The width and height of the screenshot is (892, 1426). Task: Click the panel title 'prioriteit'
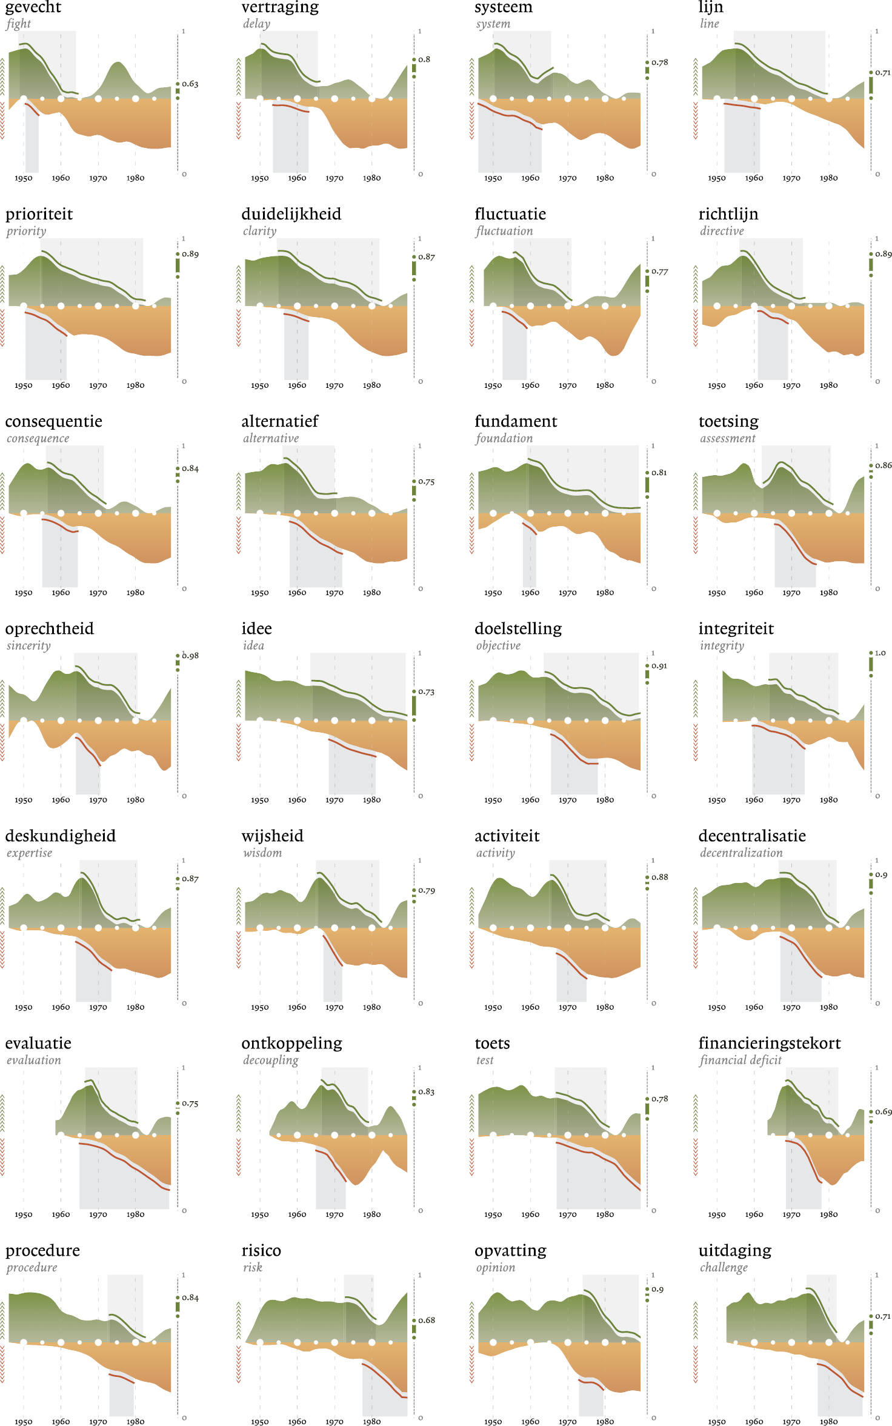(39, 215)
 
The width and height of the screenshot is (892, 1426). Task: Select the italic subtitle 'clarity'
(259, 231)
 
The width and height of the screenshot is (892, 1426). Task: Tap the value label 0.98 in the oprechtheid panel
(190, 656)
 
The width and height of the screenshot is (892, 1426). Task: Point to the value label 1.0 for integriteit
(880, 653)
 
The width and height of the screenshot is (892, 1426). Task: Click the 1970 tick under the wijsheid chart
(334, 1007)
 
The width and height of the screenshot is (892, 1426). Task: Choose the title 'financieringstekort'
(769, 1044)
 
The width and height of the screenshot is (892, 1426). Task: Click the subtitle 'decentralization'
(741, 853)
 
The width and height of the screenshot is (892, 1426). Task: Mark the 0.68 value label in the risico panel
(427, 1320)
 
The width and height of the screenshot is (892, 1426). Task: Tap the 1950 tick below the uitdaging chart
(716, 1422)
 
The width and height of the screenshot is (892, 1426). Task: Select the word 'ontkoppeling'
(291, 1044)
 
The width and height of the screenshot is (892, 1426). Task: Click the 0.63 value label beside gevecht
(190, 84)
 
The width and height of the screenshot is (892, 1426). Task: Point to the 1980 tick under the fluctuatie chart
(605, 385)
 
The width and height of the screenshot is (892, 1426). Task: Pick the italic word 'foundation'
(504, 438)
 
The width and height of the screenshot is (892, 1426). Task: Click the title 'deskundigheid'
(60, 836)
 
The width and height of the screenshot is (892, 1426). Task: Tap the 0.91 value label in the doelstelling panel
(659, 666)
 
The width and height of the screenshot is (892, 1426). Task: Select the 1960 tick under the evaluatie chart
(61, 1214)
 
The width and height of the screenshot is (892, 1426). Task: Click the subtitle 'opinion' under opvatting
(495, 1267)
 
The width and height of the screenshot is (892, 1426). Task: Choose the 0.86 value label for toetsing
(884, 465)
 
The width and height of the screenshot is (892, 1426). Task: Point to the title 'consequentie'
(53, 422)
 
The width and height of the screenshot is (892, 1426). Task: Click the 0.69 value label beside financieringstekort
(884, 1112)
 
